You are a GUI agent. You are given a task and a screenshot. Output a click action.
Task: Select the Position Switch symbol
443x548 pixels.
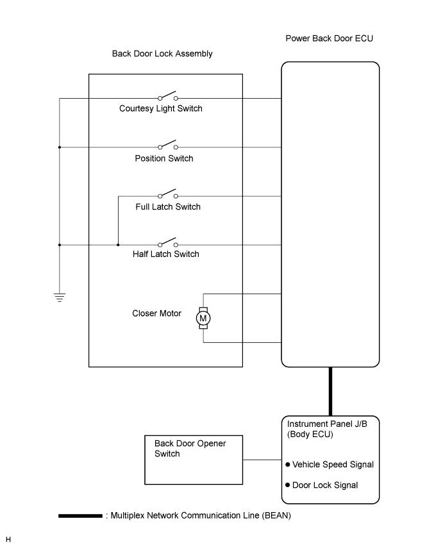pyautogui.click(x=167, y=145)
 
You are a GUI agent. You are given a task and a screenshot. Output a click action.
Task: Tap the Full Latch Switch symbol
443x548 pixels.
pyautogui.click(x=167, y=194)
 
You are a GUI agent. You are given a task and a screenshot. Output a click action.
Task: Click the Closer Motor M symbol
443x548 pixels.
pyautogui.click(x=203, y=318)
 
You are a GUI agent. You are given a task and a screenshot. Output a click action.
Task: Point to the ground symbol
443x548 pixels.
pyautogui.click(x=60, y=297)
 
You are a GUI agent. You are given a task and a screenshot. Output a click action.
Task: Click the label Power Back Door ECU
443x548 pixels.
pyautogui.click(x=329, y=38)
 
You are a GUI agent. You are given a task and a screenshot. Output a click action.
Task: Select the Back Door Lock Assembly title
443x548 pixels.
pyautogui.click(x=162, y=54)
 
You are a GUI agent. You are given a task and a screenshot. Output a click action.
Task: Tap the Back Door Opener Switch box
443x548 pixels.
pyautogui.click(x=194, y=460)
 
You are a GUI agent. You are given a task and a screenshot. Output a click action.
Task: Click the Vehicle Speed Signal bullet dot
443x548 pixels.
pyautogui.click(x=288, y=465)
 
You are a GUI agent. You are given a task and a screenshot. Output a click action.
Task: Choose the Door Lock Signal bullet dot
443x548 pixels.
pyautogui.click(x=288, y=485)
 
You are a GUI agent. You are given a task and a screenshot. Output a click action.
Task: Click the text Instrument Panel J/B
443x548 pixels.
pyautogui.click(x=324, y=424)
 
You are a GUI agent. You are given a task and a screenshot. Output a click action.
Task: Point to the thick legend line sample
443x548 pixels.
pyautogui.click(x=80, y=515)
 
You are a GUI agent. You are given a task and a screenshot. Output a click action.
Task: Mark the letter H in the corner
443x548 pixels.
pyautogui.click(x=8, y=539)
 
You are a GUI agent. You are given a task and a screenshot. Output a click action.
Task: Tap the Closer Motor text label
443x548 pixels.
pyautogui.click(x=157, y=313)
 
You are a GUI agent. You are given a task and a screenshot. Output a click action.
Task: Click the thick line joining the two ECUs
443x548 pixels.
pyautogui.click(x=330, y=392)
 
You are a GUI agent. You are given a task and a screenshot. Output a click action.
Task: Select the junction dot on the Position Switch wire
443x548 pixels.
pyautogui.click(x=60, y=147)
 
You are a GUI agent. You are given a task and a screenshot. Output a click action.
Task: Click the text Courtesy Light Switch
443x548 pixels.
pyautogui.click(x=161, y=108)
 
